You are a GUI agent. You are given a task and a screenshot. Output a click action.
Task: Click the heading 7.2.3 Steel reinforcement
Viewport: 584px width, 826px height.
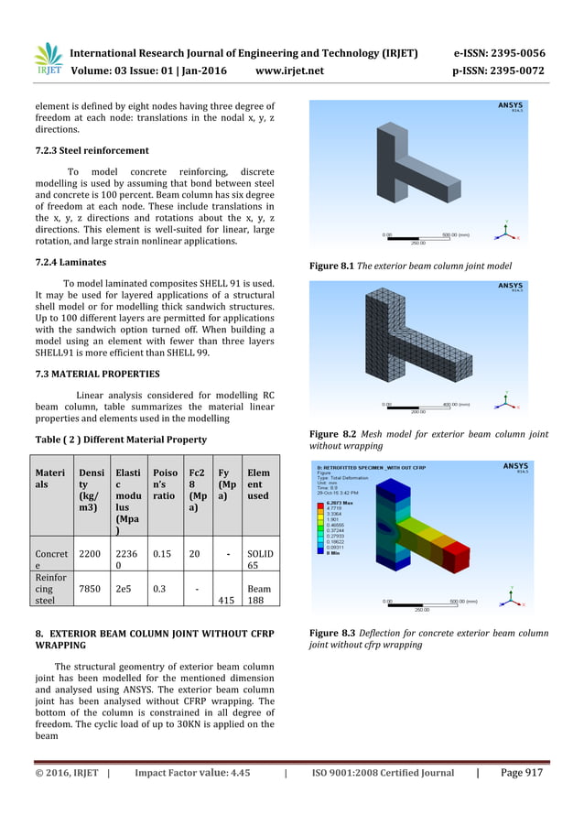click(92, 150)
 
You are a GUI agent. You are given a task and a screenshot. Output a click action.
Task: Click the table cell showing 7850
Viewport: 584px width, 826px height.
click(91, 589)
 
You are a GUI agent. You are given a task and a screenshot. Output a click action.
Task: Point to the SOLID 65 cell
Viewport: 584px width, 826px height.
click(259, 561)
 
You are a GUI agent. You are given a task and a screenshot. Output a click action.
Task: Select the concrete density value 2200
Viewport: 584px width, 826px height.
click(91, 555)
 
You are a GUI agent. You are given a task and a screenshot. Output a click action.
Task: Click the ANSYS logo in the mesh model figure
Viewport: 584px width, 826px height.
click(511, 287)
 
